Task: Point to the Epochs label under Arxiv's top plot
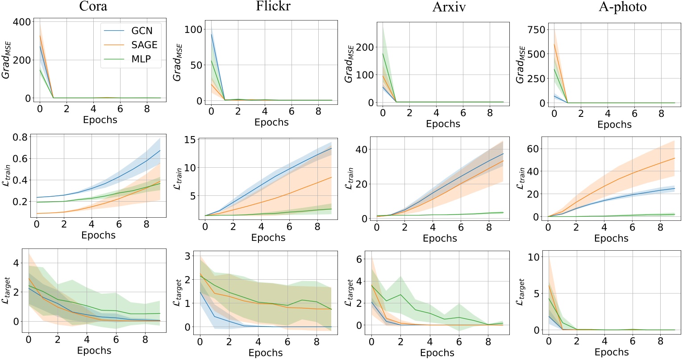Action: click(x=443, y=124)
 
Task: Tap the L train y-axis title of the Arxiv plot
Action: click(x=350, y=178)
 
